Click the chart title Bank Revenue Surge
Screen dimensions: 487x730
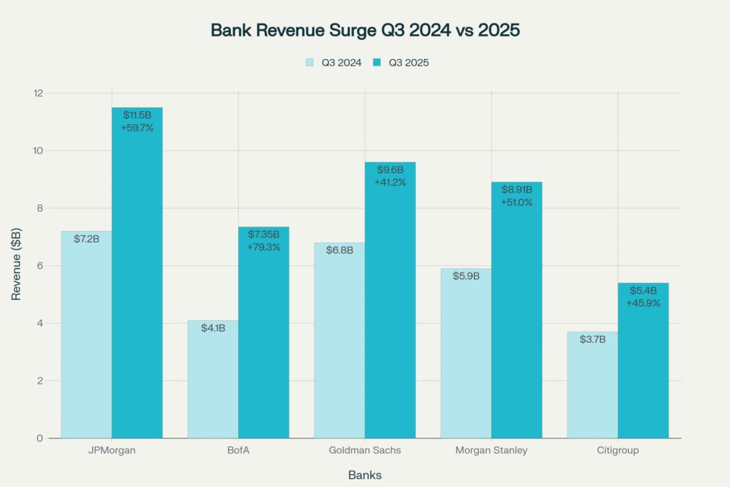[x=364, y=31]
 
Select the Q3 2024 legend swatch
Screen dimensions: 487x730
[x=310, y=63]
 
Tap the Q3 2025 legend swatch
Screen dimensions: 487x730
[x=378, y=63]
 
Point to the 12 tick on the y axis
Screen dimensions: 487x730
[x=38, y=93]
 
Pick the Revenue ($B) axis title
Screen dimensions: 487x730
[x=16, y=265]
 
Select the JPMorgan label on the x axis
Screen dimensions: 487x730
[x=111, y=451]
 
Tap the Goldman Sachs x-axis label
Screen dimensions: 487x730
[x=364, y=451]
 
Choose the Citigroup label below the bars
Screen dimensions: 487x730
[x=617, y=451]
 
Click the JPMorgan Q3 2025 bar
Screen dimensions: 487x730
[x=137, y=285]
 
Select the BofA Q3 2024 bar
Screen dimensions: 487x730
[x=213, y=378]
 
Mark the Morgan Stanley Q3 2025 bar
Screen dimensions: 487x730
[x=517, y=321]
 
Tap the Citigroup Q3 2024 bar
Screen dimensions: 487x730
[x=592, y=385]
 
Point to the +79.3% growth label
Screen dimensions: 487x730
[x=264, y=247]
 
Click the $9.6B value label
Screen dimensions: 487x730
[x=390, y=170]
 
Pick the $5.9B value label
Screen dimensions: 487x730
[x=466, y=276]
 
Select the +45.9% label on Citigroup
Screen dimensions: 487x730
[x=643, y=303]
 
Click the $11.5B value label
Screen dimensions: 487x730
[x=137, y=115]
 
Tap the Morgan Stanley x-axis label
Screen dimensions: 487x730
[x=491, y=451]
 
